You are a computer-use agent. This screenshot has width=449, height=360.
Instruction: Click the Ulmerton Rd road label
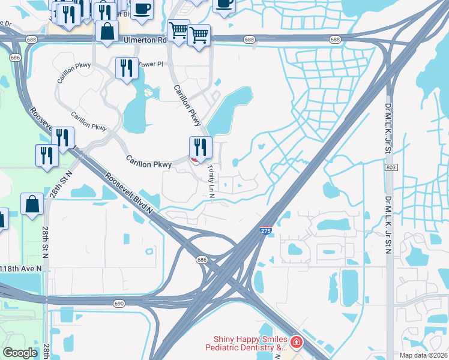coord(145,40)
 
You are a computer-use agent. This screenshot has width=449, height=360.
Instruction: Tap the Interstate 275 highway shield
coord(265,230)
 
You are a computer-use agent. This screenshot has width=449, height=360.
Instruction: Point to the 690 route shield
coord(119,304)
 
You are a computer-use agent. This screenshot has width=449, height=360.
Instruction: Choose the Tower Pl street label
coord(151,64)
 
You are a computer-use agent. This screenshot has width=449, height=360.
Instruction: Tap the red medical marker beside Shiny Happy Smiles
coord(296,343)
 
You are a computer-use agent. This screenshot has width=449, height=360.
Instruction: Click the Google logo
coord(20,353)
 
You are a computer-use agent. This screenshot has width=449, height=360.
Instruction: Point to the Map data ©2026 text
coord(423,355)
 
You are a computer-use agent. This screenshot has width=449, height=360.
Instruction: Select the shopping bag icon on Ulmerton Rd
coord(107,32)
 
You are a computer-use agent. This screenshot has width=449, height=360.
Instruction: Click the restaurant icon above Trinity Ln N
coord(200,146)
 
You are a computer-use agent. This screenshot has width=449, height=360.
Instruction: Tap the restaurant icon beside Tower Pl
coord(126,68)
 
